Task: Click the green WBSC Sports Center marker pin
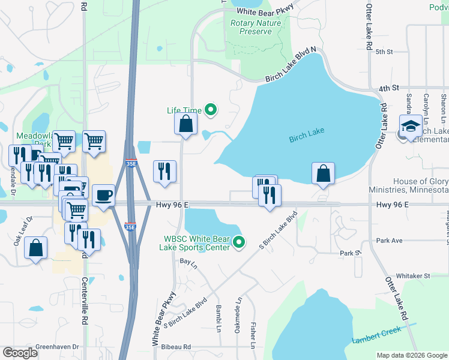coord(239,242)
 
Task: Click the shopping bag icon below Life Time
coord(186,124)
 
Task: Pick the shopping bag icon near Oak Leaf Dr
coord(36,247)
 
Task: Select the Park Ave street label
coord(389,241)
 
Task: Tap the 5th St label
coord(384,52)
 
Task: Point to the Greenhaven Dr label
coord(58,347)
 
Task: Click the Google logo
coord(20,353)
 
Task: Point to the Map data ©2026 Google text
coord(411,355)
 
